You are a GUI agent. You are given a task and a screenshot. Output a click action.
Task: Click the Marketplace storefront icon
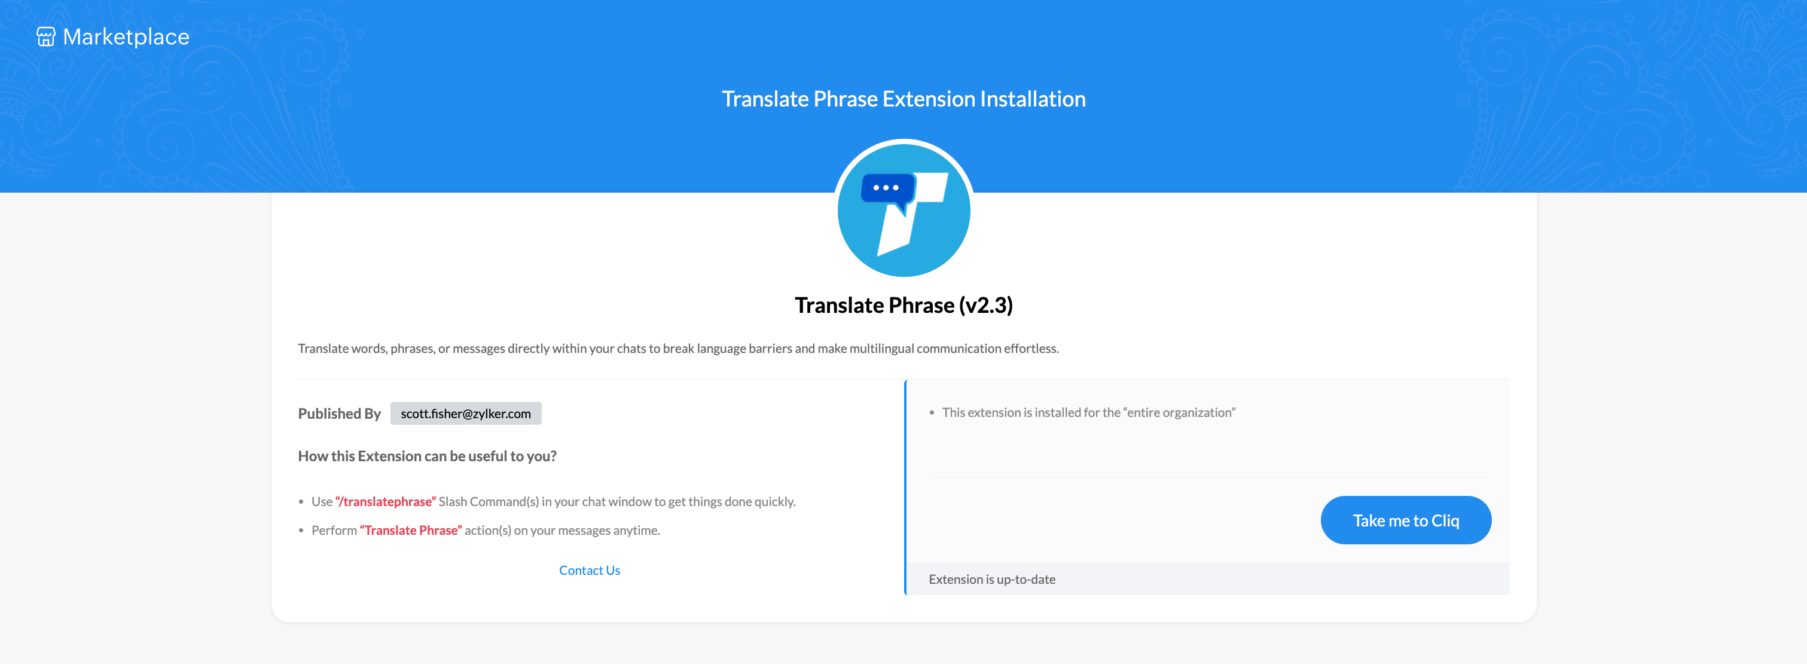coord(45,36)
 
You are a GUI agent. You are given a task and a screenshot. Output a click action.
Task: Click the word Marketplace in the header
coord(126,36)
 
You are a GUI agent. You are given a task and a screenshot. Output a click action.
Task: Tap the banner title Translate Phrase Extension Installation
coord(903,99)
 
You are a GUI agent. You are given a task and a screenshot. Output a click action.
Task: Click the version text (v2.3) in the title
coord(985,305)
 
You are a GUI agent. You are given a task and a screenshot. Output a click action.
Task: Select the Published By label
coord(340,413)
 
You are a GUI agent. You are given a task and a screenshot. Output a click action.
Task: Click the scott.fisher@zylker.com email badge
coord(466,413)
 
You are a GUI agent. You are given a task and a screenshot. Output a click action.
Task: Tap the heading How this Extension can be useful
coord(427,456)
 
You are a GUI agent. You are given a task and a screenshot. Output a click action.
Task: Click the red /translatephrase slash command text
coord(386,501)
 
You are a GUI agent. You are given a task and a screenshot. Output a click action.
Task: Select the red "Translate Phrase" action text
coord(411,530)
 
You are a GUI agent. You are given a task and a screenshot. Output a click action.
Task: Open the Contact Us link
coord(589,570)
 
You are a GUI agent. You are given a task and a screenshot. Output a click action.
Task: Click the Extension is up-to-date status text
coord(992,579)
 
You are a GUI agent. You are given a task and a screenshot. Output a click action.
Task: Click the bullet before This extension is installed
coord(932,413)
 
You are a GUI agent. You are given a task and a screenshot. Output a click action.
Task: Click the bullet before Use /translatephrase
coord(301,502)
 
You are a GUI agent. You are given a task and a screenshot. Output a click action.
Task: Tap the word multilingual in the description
coord(882,348)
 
